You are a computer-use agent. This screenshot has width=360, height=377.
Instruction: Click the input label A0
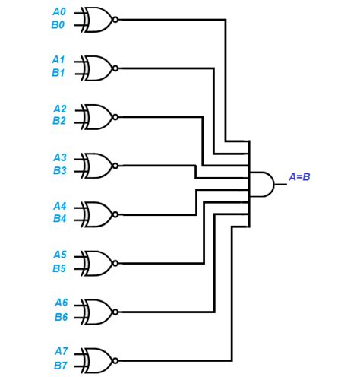click(x=59, y=11)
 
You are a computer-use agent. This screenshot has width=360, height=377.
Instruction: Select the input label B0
click(x=59, y=25)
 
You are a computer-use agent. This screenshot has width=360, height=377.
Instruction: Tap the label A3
click(x=59, y=157)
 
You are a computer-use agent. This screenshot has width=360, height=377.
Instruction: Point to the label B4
click(x=59, y=219)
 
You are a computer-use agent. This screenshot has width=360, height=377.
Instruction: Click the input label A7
click(x=61, y=351)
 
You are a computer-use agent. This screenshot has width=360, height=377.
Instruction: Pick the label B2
click(x=59, y=121)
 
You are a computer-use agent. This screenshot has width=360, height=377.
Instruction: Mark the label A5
click(x=59, y=255)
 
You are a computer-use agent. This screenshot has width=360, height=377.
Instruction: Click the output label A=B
click(x=300, y=177)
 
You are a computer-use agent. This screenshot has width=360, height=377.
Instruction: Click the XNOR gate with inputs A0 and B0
click(x=96, y=18)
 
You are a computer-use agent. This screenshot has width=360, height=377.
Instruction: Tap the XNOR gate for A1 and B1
click(x=96, y=67)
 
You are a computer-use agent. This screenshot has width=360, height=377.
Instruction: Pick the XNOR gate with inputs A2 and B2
click(x=96, y=116)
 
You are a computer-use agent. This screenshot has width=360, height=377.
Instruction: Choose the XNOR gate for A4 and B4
click(x=96, y=213)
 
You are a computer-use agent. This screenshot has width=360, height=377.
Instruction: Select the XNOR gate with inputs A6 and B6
click(x=96, y=310)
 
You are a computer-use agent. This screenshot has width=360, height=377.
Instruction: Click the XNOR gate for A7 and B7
click(x=96, y=358)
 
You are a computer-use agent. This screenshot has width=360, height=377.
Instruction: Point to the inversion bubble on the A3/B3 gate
click(x=115, y=164)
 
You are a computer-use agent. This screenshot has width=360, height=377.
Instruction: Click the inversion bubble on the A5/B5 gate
click(x=115, y=262)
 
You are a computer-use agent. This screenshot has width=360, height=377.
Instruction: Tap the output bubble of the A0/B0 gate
click(x=115, y=19)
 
